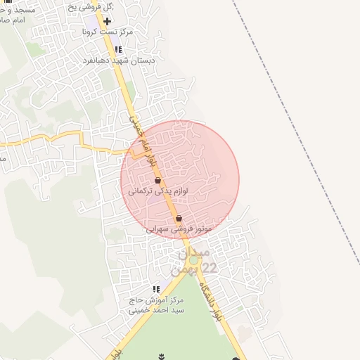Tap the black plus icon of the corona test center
click(x=107, y=21)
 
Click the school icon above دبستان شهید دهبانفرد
click(x=118, y=49)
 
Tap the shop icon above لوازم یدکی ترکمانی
click(x=157, y=181)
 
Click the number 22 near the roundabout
click(x=209, y=268)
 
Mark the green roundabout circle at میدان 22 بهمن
click(x=193, y=260)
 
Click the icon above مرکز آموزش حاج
click(x=156, y=289)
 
